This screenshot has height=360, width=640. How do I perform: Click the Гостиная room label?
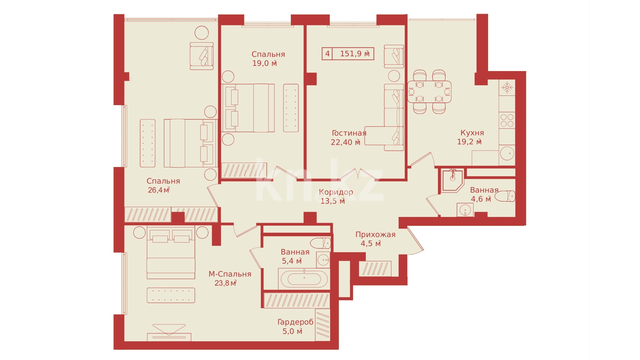(349, 133)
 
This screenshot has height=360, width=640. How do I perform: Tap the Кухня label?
(472, 133)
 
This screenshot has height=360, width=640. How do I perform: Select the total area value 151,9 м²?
(355, 54)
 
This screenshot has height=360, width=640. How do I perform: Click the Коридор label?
(336, 192)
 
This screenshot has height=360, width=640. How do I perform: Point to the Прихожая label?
(376, 235)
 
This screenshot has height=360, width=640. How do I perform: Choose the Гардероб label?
(295, 322)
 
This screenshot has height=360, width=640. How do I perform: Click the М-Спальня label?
(230, 274)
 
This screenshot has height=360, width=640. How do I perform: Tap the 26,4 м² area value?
(159, 190)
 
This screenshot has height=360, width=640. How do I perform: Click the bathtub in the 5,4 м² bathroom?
(304, 279)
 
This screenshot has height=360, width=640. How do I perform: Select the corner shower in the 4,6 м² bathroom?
(452, 180)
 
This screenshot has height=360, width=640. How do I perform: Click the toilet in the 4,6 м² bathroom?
(505, 196)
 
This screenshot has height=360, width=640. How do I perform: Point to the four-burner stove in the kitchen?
(507, 120)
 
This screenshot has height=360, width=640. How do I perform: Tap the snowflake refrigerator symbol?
(507, 87)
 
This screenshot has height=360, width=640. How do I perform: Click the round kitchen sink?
(507, 153)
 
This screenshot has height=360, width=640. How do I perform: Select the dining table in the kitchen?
(430, 92)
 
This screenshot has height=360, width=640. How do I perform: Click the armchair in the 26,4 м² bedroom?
(202, 56)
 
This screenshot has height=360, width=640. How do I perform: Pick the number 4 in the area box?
(327, 54)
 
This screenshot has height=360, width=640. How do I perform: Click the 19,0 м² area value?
(264, 63)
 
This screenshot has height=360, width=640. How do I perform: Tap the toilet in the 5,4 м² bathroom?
(320, 243)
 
